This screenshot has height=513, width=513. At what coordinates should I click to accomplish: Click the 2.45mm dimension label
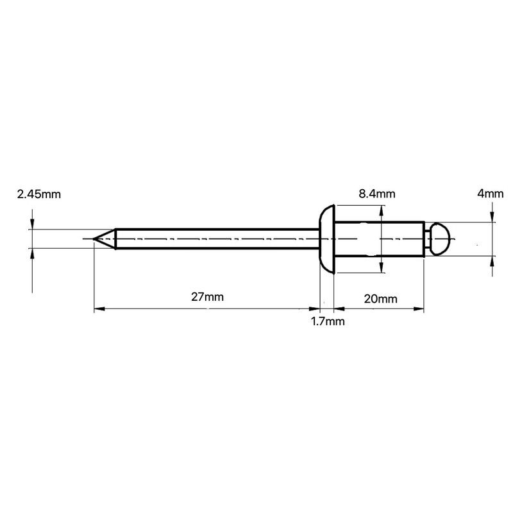[x=38, y=194]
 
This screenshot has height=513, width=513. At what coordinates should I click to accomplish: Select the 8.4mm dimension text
[x=377, y=193]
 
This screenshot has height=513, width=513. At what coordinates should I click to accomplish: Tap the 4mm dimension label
[x=491, y=193]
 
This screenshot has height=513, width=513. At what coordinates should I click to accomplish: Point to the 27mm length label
[x=207, y=297]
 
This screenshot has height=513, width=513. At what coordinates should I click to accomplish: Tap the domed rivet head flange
[x=327, y=239]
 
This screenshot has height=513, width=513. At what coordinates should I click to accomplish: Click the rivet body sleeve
[x=378, y=239]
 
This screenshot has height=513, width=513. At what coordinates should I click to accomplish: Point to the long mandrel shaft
[x=218, y=239]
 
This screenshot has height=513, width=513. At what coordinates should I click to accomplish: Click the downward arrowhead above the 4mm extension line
[x=492, y=217]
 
